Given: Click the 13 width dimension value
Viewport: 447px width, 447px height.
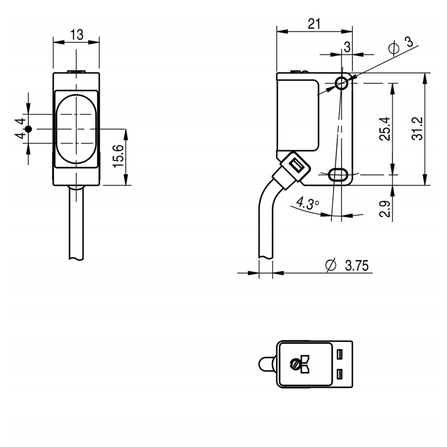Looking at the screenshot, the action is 77,35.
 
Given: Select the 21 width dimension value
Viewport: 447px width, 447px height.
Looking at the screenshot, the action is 314,23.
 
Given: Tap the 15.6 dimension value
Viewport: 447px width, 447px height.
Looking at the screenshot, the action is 118,156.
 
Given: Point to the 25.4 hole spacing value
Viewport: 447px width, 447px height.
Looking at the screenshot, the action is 384,129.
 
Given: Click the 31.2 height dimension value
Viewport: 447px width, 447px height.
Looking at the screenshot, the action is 417,129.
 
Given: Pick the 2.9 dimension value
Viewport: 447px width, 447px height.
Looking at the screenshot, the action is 384,209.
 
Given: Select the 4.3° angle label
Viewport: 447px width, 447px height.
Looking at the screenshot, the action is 307,203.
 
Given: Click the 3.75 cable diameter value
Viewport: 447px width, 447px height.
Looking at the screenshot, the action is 356,265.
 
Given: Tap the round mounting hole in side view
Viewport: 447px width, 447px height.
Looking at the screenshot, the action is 341,83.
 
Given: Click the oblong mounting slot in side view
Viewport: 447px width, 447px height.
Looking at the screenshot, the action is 338,174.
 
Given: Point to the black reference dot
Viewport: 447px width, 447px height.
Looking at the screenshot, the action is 28,129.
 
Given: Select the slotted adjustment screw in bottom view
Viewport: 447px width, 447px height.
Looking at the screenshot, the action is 294,364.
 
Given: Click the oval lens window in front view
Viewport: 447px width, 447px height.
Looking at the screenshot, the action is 77,129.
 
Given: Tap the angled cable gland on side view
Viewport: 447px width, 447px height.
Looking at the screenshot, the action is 292,170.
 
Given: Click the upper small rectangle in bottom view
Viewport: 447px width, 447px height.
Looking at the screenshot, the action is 339,354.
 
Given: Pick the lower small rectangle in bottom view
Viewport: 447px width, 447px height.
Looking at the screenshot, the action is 339,374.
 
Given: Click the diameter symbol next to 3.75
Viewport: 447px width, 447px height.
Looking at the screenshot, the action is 331,265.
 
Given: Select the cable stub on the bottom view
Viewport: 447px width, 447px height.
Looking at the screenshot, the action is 267,364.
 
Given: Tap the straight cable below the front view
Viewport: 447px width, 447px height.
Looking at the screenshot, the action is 77,222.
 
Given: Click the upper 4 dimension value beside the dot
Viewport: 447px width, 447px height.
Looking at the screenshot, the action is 21,121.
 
